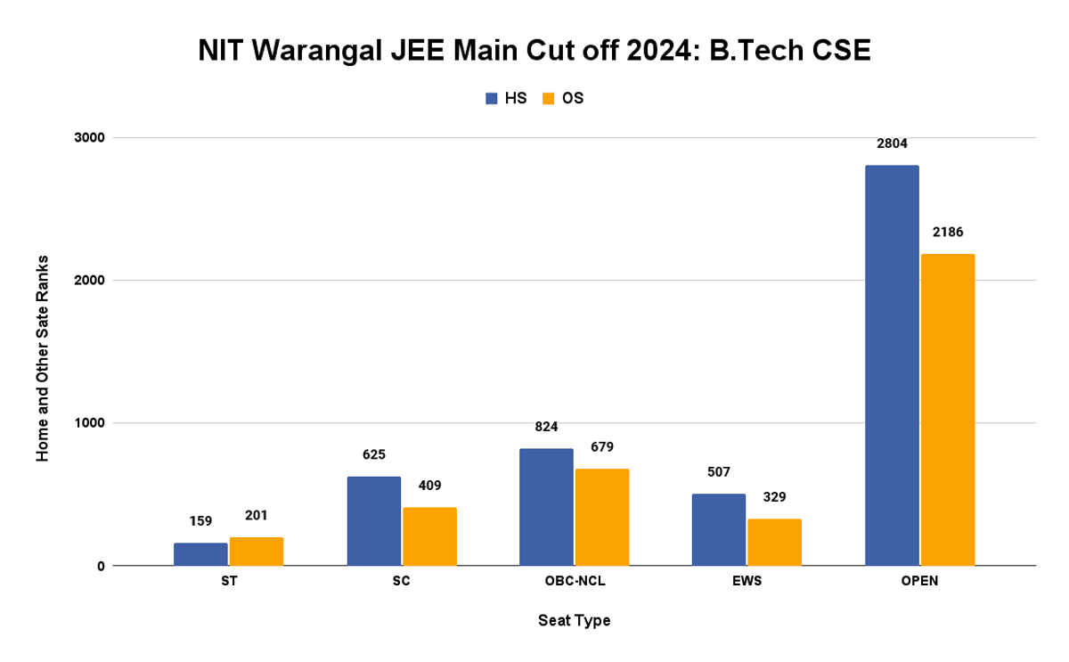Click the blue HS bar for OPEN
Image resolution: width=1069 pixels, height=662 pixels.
pyautogui.click(x=892, y=365)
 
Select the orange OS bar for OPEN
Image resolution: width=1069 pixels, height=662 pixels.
pyautogui.click(x=948, y=410)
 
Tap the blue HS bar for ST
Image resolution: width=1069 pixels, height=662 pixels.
pyautogui.click(x=200, y=554)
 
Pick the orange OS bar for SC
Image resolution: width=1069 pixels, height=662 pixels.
pyautogui.click(x=429, y=536)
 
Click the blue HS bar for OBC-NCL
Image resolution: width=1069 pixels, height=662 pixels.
pyautogui.click(x=546, y=507)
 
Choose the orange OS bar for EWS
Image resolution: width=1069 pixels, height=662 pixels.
pyautogui.click(x=774, y=542)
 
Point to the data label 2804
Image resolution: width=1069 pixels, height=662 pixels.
pyautogui.click(x=891, y=143)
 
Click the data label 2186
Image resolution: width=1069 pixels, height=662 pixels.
pyautogui.click(x=947, y=232)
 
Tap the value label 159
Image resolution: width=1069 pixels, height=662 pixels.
pyautogui.click(x=200, y=520)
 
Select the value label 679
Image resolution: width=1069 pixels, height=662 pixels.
pyautogui.click(x=601, y=446)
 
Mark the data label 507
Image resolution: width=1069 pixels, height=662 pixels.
pyautogui.click(x=719, y=471)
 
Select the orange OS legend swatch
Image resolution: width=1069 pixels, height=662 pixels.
pyautogui.click(x=549, y=98)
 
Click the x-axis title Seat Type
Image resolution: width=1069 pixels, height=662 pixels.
pyautogui.click(x=574, y=620)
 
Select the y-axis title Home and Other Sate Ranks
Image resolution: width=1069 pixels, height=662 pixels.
pyautogui.click(x=42, y=357)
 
